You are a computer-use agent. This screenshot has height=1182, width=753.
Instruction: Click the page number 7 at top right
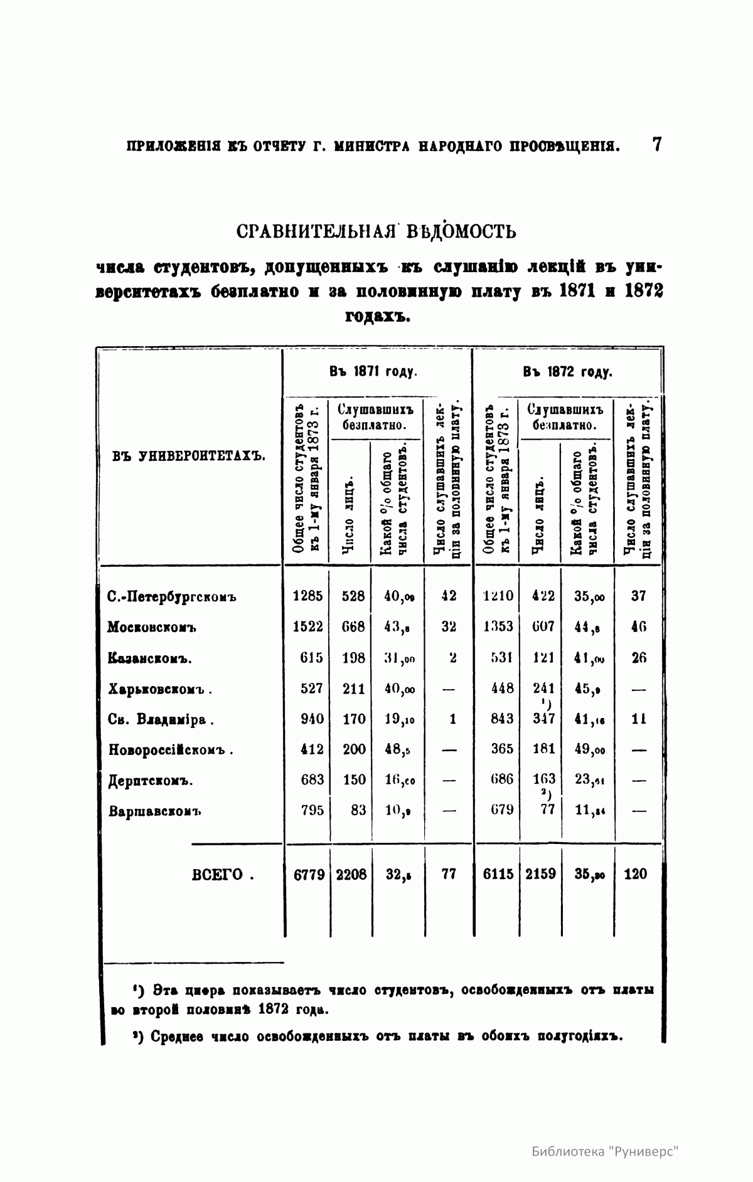(656, 145)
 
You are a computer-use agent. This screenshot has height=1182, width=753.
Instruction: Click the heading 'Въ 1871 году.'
(374, 371)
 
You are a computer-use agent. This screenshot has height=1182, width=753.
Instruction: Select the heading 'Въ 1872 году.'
(567, 371)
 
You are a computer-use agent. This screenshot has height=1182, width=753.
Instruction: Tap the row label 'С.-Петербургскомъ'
(171, 596)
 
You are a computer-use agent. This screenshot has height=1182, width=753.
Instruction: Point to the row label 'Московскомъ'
(152, 627)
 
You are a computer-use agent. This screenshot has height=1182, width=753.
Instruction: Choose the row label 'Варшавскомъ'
(154, 811)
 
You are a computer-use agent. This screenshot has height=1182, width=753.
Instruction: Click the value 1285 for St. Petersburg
(307, 596)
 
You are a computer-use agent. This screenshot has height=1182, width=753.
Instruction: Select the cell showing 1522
(307, 626)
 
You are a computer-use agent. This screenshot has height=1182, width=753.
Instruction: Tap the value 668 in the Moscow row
(353, 626)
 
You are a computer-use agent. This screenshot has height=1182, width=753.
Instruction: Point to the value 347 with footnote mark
(543, 719)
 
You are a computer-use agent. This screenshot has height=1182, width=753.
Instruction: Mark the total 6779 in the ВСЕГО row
(309, 874)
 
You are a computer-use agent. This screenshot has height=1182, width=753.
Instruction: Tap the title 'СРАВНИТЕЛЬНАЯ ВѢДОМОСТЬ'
(376, 232)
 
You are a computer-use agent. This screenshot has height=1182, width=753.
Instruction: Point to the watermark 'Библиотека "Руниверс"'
(606, 1152)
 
